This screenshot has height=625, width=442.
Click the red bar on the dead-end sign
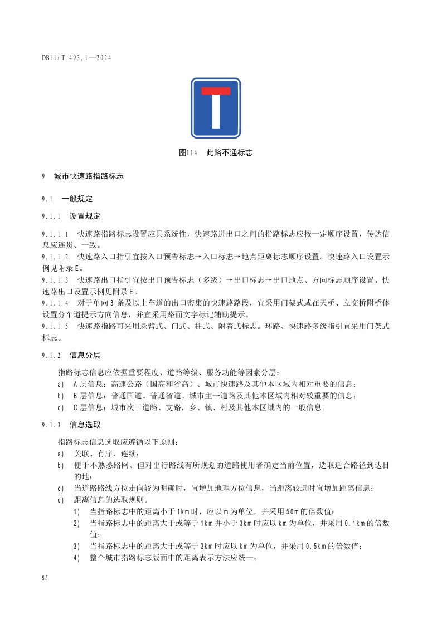[216, 91]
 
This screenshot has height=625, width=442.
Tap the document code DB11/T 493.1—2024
[77, 57]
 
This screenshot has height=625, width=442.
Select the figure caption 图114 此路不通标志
[216, 152]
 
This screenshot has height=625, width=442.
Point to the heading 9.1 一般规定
[67, 199]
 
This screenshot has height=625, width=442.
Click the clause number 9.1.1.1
[55, 234]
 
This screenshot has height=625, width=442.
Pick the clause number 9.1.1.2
[55, 257]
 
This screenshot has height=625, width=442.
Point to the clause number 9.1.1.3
[55, 280]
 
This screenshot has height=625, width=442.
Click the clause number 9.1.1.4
[55, 303]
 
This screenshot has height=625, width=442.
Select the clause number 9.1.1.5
[55, 327]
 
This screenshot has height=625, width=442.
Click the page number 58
[45, 578]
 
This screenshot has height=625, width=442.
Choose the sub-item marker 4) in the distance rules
[76, 558]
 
